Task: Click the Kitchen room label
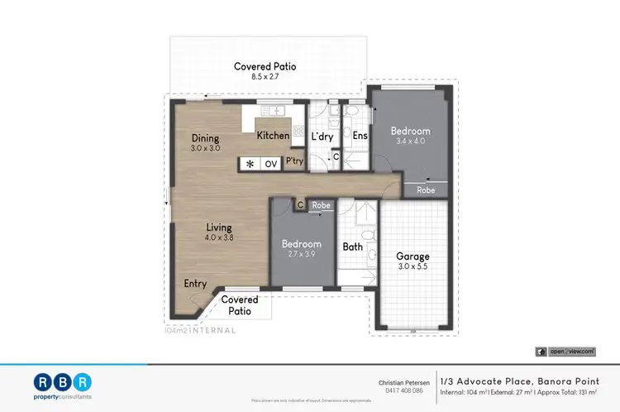coord(273,136)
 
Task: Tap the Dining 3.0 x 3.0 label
coord(205,143)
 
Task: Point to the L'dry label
coord(321,136)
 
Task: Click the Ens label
coord(360,136)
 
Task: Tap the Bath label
coord(352,246)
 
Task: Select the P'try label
coord(294,163)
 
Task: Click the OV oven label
coord(270,164)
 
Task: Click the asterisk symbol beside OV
coord(250,164)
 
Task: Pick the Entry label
coord(195,284)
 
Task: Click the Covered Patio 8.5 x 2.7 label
coord(265,70)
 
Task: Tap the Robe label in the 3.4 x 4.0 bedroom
coord(426,189)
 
